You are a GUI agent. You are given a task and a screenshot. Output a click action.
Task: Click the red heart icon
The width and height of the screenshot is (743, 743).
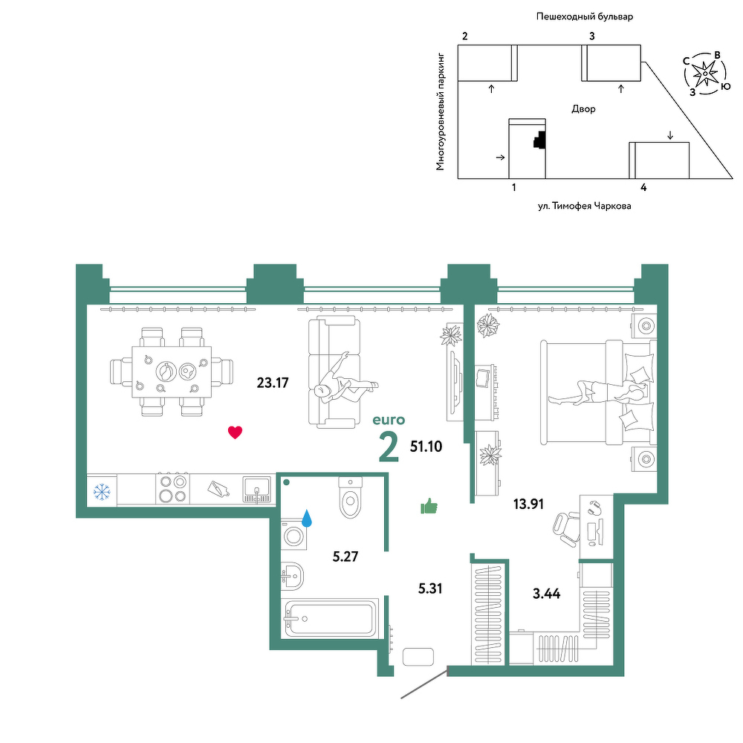(x=235, y=432)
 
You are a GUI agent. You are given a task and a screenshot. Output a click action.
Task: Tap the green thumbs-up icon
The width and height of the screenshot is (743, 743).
(x=429, y=506)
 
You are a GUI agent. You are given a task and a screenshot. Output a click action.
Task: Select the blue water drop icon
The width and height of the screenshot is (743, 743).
(x=307, y=519)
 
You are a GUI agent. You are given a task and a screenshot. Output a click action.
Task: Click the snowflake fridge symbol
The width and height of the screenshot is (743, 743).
(x=102, y=491)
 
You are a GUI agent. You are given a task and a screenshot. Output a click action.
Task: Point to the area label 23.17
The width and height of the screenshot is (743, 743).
(x=273, y=383)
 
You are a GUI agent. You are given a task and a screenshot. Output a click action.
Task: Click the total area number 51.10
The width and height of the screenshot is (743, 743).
(x=426, y=446)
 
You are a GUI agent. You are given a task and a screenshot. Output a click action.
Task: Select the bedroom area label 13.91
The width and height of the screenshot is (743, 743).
(x=528, y=504)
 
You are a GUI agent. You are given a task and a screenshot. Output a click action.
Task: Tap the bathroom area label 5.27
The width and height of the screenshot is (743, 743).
(x=345, y=557)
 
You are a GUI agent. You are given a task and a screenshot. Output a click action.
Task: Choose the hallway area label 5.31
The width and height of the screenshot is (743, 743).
(x=430, y=588)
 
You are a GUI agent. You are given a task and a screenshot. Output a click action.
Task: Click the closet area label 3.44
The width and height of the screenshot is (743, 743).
(x=546, y=593)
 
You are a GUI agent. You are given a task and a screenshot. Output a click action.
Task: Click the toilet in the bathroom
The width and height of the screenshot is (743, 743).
(x=350, y=498)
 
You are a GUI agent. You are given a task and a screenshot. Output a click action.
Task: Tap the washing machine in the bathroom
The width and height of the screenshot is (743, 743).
(x=293, y=536)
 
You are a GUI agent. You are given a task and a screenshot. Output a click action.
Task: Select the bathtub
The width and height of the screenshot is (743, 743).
(x=330, y=618)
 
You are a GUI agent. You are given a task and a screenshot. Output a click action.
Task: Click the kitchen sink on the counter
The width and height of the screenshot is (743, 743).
(x=257, y=490)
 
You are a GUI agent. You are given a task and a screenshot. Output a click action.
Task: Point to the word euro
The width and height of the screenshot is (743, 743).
(x=389, y=420)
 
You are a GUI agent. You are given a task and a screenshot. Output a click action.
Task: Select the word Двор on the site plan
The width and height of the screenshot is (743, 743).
(x=583, y=109)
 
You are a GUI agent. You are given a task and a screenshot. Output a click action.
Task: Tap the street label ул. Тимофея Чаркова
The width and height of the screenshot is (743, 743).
(x=584, y=206)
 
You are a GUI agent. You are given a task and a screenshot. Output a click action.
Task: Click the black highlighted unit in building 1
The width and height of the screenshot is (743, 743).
(x=539, y=140)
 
